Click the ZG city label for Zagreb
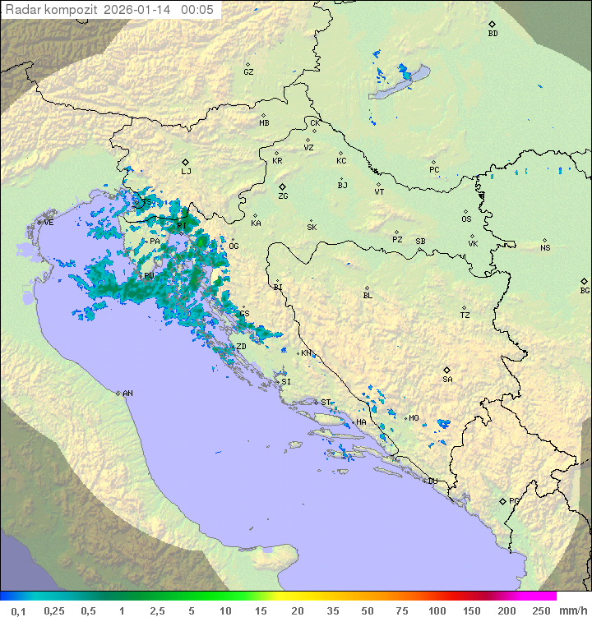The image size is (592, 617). [x=283, y=197]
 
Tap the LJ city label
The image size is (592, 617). [x=186, y=172]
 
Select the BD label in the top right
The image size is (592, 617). [x=493, y=34]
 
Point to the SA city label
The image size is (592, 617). [x=447, y=380]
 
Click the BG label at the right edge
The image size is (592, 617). [x=585, y=291]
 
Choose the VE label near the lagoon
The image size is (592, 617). [x=49, y=223]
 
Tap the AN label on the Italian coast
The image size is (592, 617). [x=127, y=394]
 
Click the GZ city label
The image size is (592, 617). [x=248, y=72]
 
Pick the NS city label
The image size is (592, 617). [x=545, y=248]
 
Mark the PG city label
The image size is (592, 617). [x=514, y=501]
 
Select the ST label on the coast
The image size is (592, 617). [x=326, y=403]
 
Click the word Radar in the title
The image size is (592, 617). [x=22, y=10]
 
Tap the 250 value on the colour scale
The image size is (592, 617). [x=541, y=610]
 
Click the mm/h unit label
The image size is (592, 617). [x=572, y=610]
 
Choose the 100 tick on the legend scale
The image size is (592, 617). [x=436, y=610]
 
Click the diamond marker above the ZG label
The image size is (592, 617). [x=282, y=187]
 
